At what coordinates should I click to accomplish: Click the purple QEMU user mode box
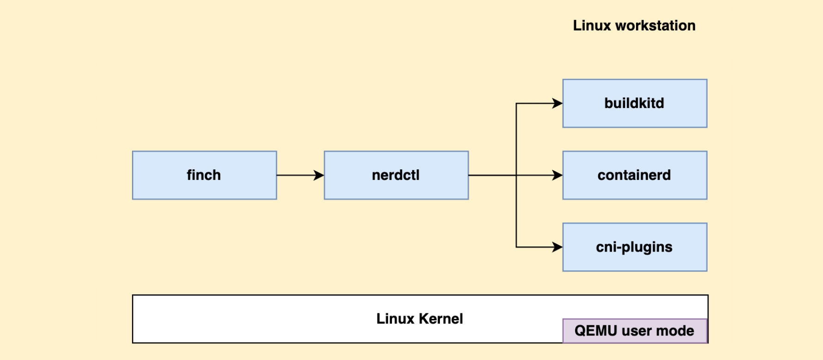pos(635,331)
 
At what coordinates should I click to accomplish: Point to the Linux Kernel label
pos(419,319)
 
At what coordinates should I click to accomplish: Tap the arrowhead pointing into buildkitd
pos(558,103)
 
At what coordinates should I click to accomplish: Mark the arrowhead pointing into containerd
pos(558,175)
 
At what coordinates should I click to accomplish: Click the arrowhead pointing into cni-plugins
pos(558,247)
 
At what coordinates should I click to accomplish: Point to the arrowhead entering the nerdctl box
pos(319,175)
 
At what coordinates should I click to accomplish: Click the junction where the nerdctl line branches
pos(516,175)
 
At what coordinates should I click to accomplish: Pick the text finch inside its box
pos(204,175)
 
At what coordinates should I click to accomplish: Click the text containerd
pos(634,175)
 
